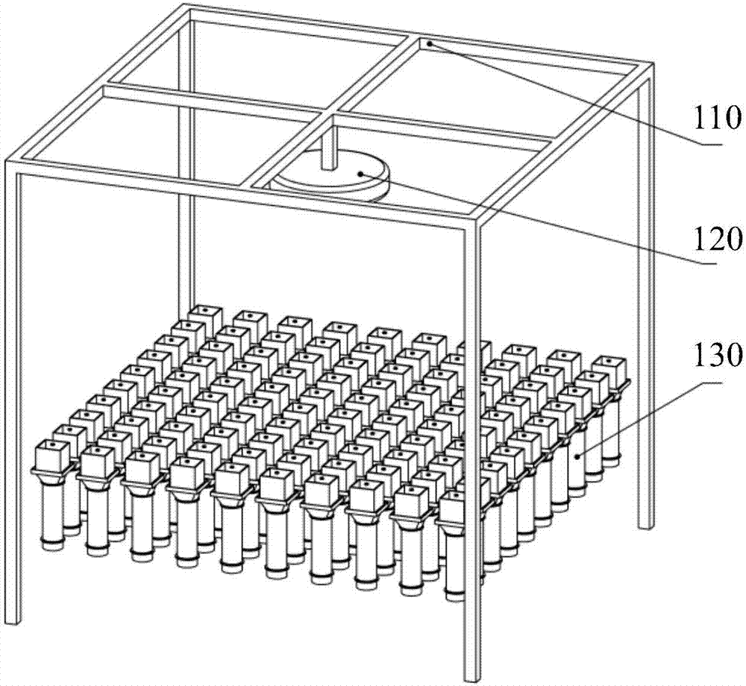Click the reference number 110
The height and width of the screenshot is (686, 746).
(x=718, y=117)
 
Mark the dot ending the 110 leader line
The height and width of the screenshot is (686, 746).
(x=429, y=44)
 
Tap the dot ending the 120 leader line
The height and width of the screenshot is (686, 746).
(x=362, y=174)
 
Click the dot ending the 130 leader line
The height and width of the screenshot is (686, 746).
(x=577, y=456)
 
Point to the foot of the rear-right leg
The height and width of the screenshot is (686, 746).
(x=645, y=526)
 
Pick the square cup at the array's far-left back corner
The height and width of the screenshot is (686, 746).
(x=205, y=318)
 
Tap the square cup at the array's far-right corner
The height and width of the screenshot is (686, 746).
(x=611, y=369)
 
